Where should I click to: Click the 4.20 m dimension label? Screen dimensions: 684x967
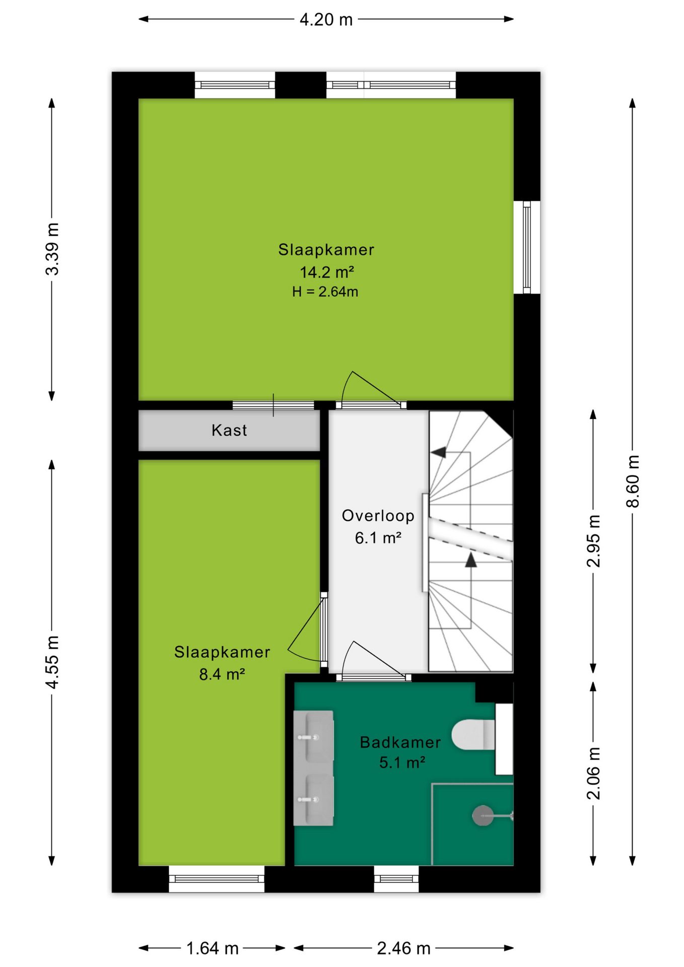pos(326,20)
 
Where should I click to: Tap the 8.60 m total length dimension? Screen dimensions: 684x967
pos(633,481)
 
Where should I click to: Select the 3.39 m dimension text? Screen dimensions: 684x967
pos(52,249)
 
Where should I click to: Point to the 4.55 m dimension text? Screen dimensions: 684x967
pos(52,662)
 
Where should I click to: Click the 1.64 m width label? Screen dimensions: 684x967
pos(212,948)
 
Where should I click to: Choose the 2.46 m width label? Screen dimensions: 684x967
pos(403,948)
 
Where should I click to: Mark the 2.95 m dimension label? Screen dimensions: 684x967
pos(594,541)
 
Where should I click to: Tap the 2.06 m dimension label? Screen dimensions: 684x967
pos(594,773)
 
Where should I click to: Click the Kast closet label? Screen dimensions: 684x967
pos(229,430)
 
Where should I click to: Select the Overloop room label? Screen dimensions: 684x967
pos(378,516)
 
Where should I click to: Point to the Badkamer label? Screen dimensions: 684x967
pos(400,742)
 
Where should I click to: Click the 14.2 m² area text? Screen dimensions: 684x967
pos(327,272)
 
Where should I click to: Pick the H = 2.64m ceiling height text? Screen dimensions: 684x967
pos(325,292)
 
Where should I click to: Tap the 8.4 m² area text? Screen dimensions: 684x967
pos(222,674)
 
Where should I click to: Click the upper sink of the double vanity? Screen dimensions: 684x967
pos(313,736)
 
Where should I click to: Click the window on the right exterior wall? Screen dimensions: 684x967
pos(527,247)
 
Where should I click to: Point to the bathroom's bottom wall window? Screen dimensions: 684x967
pos(396,879)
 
